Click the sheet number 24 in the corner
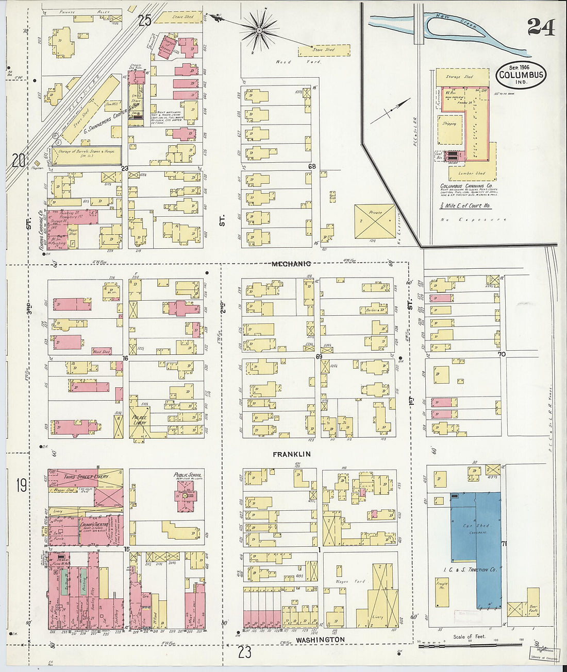(541, 27)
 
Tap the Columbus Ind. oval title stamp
(521, 75)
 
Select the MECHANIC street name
(291, 264)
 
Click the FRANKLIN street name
(291, 454)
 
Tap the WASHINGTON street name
(321, 640)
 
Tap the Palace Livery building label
(140, 420)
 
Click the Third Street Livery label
(87, 477)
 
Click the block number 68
(312, 166)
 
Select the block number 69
(319, 356)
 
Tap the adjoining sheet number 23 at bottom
(245, 652)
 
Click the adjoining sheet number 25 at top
(145, 20)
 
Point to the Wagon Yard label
(351, 581)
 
